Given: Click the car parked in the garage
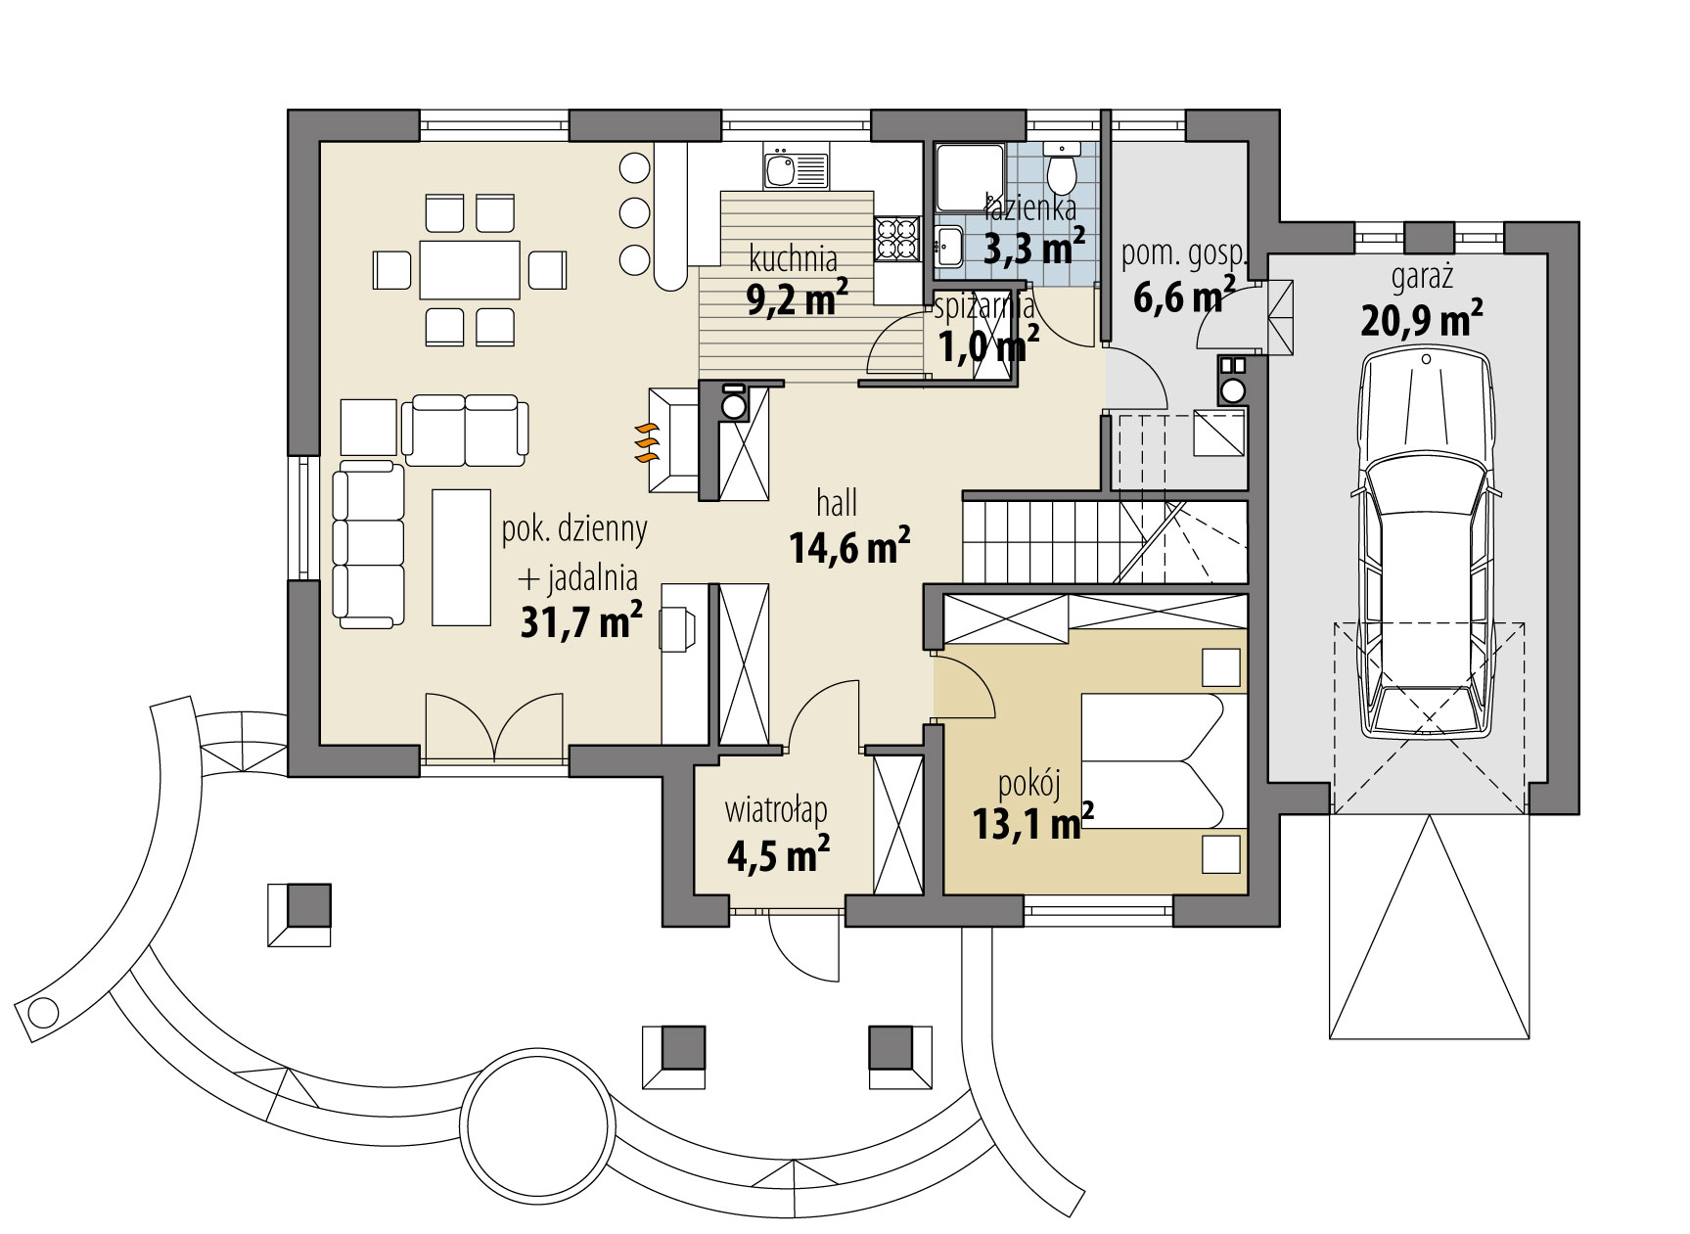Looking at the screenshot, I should (x=1426, y=548).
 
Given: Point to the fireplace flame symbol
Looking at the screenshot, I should (x=645, y=443).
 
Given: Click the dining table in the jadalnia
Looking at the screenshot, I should (x=470, y=269).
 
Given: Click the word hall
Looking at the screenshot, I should (x=837, y=504).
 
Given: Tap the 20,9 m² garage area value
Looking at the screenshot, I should (x=1421, y=319).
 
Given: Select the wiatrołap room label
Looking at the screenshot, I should (x=776, y=810).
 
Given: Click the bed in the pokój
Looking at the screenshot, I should (x=1155, y=761).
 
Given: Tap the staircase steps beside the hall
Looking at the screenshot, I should (x=1052, y=541).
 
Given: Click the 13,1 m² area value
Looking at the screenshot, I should (x=1032, y=824).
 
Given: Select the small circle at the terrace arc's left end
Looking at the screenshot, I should (x=42, y=1009).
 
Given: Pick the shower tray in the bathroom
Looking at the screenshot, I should (x=970, y=177).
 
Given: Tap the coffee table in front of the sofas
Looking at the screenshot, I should (x=461, y=557).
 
